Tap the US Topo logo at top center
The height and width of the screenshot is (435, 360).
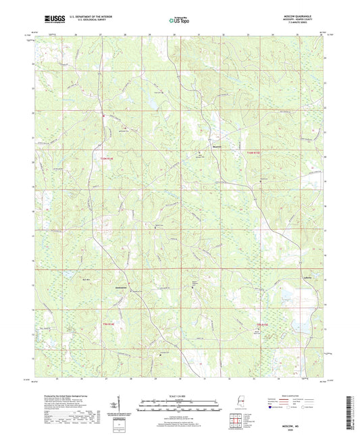click(179, 21)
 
